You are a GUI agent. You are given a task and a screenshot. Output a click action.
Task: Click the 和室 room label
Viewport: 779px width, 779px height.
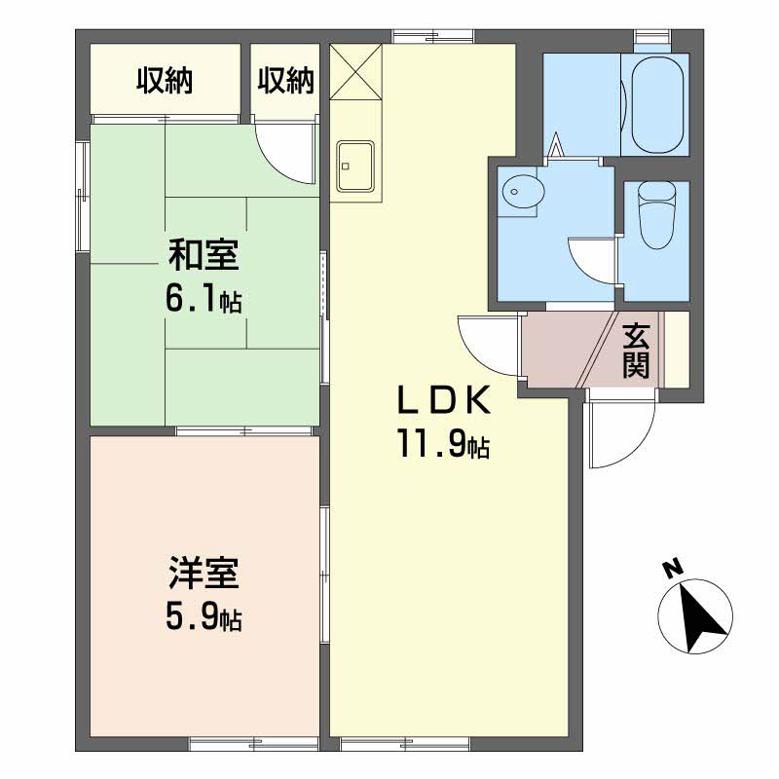tap(203, 257)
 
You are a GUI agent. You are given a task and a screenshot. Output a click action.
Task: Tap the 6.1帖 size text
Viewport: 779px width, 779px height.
tap(203, 298)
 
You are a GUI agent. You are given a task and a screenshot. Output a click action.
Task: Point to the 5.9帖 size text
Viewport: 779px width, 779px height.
tap(203, 616)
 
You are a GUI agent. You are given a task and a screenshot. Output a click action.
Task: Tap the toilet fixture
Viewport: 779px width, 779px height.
tap(654, 217)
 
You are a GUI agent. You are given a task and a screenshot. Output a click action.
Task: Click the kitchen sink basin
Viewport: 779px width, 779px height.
tap(355, 166)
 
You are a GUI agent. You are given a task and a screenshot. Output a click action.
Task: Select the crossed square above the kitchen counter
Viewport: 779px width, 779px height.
tap(355, 72)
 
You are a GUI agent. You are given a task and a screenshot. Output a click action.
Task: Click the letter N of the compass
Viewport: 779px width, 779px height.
tap(670, 569)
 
